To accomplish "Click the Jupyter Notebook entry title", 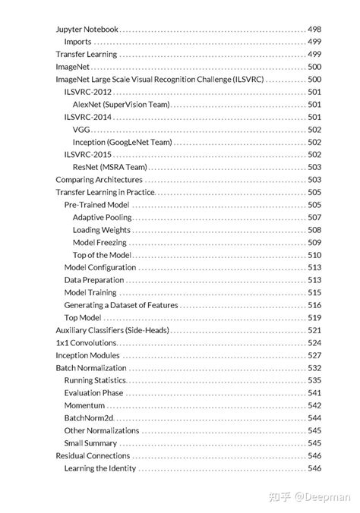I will tap(87, 29).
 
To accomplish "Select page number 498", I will tap(314, 29).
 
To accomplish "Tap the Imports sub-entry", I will tap(79, 42).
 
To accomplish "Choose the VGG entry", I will tap(82, 130).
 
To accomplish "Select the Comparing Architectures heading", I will tap(99, 180).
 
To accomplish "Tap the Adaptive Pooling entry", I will tap(102, 217).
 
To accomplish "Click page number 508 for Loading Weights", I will tap(314, 230).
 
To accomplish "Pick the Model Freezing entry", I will tap(100, 242).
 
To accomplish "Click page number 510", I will tap(314, 255).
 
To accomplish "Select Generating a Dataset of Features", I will tap(121, 305).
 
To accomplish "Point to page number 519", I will tap(314, 318).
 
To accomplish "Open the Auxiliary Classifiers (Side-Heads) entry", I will tap(112, 330).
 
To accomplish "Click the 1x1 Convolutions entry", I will tap(86, 343).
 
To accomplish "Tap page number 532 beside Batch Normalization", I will tap(314, 368).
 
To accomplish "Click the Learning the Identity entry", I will tap(100, 468).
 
